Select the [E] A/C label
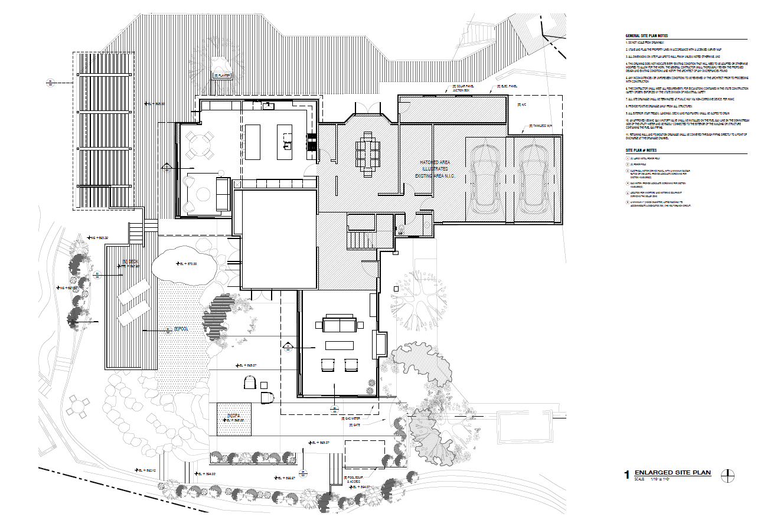[521, 104]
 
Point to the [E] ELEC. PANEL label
[507, 87]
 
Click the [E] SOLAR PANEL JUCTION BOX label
[463, 89]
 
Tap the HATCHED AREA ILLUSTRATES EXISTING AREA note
[437, 169]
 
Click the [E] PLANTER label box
[222, 76]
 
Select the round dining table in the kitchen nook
[201, 145]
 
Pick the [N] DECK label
[131, 261]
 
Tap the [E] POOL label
[180, 329]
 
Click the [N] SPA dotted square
[234, 419]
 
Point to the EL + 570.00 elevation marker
[188, 264]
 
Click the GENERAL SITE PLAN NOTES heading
[646, 36]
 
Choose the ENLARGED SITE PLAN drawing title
[673, 473]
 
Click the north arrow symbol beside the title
[730, 475]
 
